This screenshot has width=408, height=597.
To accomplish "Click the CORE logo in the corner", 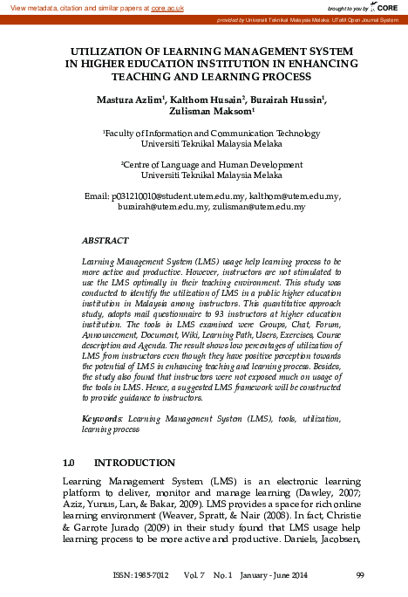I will pyautogui.click(x=388, y=7).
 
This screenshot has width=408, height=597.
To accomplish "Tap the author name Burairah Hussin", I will pyautogui.click(x=289, y=100).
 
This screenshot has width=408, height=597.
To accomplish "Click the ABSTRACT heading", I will pyautogui.click(x=105, y=239).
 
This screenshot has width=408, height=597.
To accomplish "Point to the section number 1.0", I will pyautogui.click(x=71, y=462).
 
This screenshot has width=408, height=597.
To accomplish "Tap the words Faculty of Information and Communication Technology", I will pyautogui.click(x=206, y=132).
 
